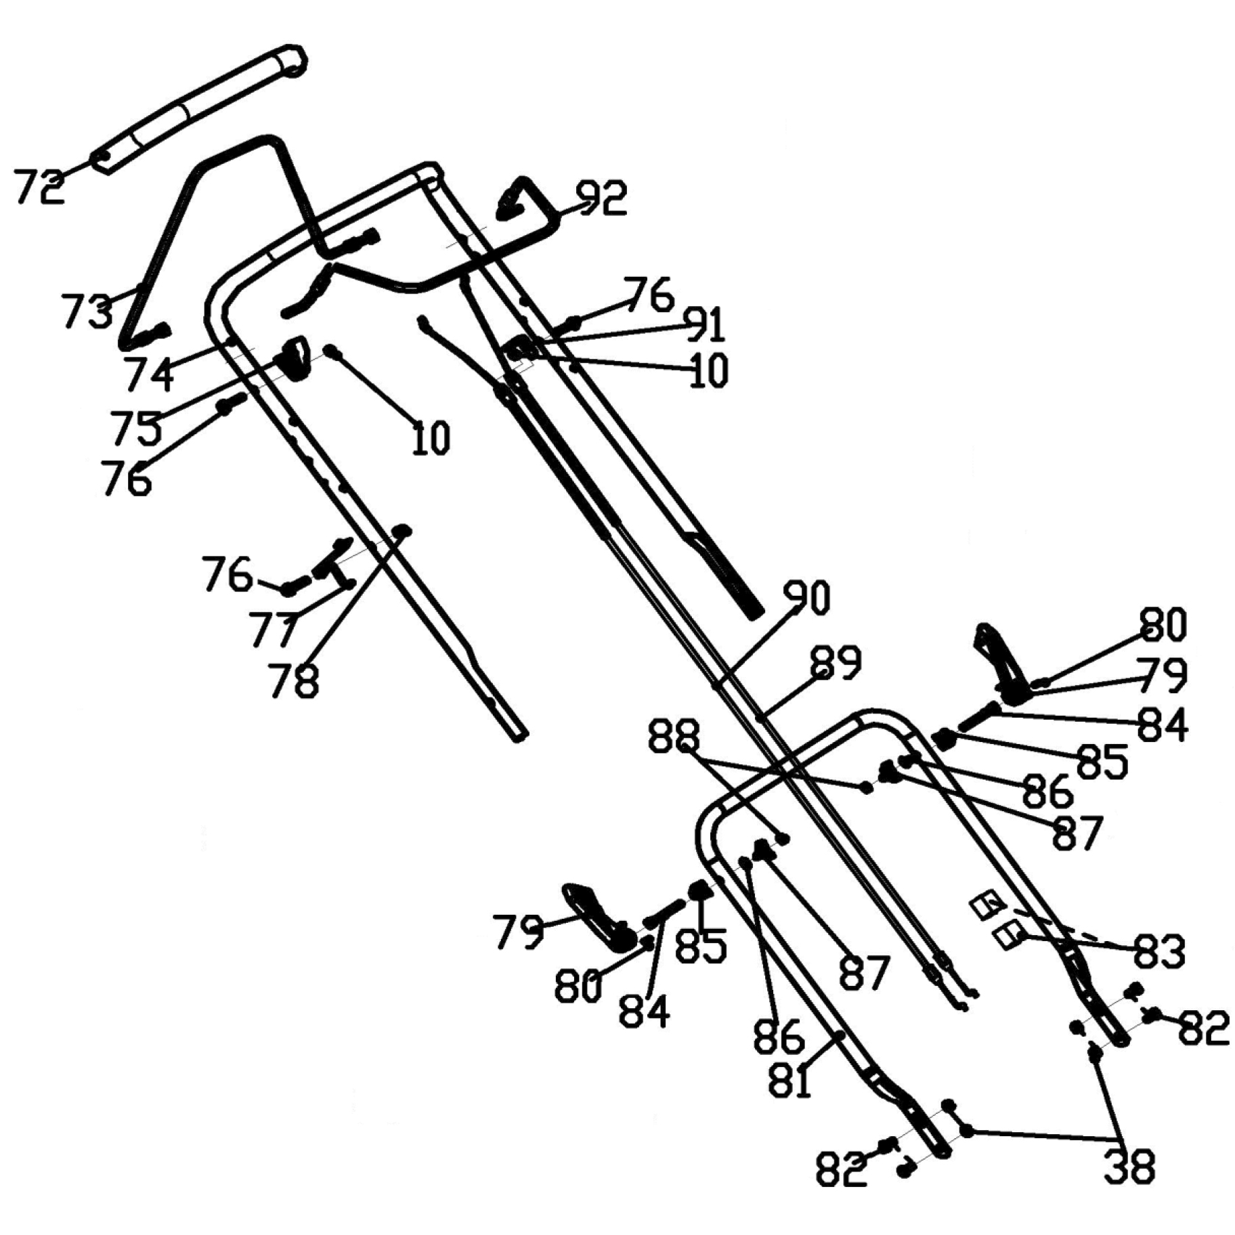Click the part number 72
(39, 188)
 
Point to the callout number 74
(148, 374)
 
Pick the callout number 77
(273, 628)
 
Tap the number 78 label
(293, 680)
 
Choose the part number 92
(601, 198)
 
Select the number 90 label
(806, 599)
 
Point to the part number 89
(836, 662)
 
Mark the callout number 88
(673, 737)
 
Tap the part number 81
(789, 1081)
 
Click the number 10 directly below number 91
(708, 370)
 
